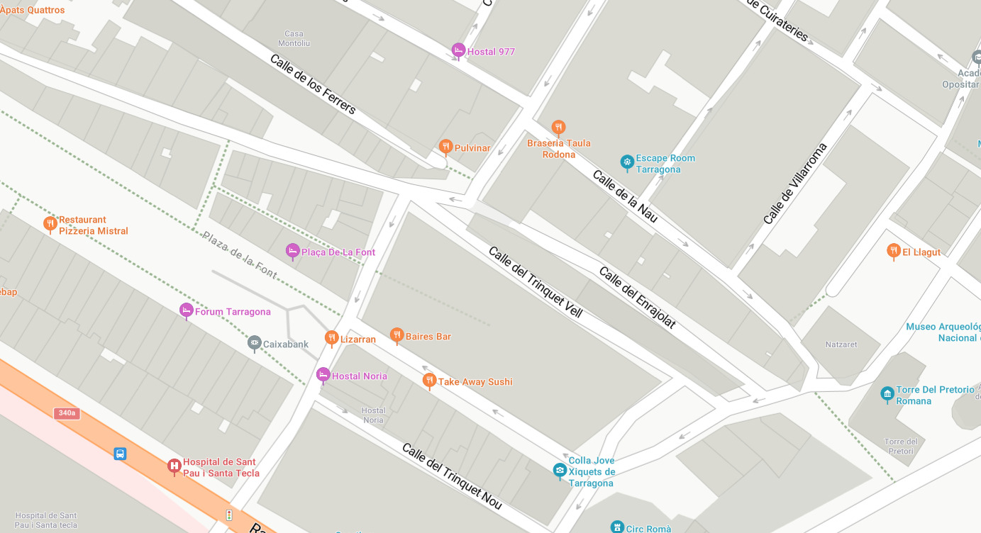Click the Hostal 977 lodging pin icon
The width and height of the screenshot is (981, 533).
point(458,50)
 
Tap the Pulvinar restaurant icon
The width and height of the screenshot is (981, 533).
point(445,147)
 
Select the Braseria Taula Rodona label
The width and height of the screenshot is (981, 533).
point(558,148)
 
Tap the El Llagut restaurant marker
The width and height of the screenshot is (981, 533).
point(894,251)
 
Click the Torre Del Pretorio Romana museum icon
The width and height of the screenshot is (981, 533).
point(887,394)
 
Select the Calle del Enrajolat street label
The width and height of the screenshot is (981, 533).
point(637,298)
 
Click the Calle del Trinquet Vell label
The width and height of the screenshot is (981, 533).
point(535,281)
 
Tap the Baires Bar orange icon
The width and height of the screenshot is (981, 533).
point(397,335)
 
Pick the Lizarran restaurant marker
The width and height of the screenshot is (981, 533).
point(331,338)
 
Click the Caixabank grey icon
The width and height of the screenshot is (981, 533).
point(255,344)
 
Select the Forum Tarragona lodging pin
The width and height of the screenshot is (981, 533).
point(187,310)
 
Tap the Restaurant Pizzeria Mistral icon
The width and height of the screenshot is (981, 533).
point(50,224)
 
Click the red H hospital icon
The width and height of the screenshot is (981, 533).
point(174,466)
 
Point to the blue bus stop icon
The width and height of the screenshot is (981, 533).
point(120,454)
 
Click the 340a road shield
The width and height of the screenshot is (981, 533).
point(67,413)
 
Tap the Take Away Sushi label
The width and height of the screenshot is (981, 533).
point(475,382)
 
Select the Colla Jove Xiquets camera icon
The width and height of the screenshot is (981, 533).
point(560,470)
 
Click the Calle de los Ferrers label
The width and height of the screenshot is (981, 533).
point(313,84)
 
